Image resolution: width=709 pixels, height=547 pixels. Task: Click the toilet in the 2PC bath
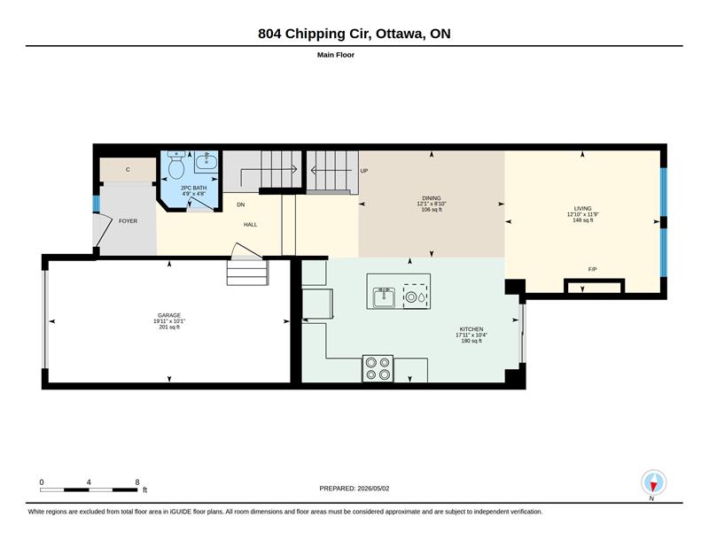[175, 166]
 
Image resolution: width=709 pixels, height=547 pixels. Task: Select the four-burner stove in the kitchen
[378, 368]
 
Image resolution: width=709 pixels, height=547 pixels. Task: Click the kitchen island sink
[384, 297]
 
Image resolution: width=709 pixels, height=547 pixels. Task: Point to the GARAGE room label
[169, 315]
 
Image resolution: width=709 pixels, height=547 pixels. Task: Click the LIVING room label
[582, 209]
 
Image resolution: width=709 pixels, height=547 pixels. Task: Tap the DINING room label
[432, 198]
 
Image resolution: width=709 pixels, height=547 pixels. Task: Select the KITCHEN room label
[471, 329]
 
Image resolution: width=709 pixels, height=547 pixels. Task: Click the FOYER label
[128, 221]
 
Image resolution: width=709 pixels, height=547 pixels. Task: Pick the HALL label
[251, 225]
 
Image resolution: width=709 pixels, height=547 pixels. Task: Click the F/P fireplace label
[592, 269]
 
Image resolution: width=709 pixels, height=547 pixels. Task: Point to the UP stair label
[364, 171]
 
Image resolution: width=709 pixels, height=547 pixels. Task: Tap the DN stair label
[240, 204]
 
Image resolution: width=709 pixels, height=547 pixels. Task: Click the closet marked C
[128, 170]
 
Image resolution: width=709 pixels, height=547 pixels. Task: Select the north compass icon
[653, 483]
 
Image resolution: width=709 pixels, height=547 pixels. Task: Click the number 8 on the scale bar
[137, 482]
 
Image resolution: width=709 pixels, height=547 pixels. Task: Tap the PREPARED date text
[354, 489]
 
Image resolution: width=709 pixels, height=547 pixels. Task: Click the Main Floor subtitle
[336, 55]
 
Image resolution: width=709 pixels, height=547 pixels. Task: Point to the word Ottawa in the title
[400, 34]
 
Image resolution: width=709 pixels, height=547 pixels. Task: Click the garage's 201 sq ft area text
[169, 327]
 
